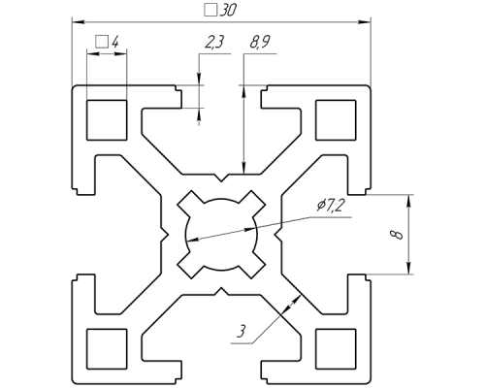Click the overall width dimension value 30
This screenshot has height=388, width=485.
click(228, 11)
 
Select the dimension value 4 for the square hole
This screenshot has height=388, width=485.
click(114, 42)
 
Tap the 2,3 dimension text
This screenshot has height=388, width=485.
click(214, 43)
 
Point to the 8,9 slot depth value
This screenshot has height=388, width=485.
click(260, 43)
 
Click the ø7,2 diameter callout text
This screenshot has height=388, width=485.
click(331, 206)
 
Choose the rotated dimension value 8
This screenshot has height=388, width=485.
click(397, 235)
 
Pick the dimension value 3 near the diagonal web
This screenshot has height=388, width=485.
click(242, 332)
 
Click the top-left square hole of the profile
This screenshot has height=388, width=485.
click(107, 120)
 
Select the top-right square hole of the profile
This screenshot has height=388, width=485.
click(336, 120)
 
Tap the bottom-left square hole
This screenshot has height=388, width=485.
click(107, 349)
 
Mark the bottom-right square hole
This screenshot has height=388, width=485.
click(336, 349)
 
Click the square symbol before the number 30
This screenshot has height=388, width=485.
click(210, 11)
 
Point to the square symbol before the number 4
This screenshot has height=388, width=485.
click(102, 42)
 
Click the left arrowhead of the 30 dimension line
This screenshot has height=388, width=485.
click(78, 22)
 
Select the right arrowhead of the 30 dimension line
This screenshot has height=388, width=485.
click(364, 22)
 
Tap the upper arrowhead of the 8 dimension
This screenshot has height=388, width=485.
click(409, 201)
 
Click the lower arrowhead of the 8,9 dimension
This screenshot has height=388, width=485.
click(244, 168)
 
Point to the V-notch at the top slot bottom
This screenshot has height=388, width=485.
click(221, 178)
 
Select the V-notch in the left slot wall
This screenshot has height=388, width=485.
click(165, 235)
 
